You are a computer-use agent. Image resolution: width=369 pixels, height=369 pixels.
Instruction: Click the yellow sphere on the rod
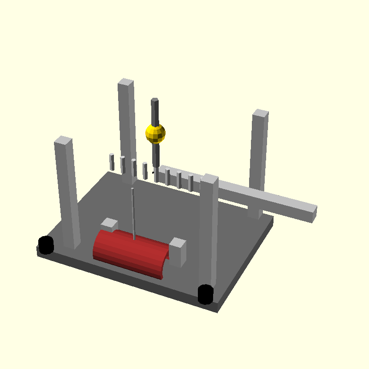click(x=155, y=133)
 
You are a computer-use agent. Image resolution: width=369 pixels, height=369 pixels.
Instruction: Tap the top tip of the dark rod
click(x=155, y=100)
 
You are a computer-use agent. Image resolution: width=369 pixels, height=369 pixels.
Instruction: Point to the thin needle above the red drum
click(x=133, y=212)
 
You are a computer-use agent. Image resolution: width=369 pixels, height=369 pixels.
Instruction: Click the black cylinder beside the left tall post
click(x=46, y=245)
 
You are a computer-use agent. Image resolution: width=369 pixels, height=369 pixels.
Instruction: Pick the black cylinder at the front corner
click(x=205, y=294)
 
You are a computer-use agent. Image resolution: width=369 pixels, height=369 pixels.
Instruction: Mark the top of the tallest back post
click(x=125, y=83)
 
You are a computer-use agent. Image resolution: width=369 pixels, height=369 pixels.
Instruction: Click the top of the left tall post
click(x=63, y=140)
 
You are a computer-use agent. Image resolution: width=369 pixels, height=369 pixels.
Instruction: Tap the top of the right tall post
click(x=261, y=113)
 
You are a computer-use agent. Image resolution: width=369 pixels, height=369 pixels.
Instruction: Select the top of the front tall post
click(x=209, y=179)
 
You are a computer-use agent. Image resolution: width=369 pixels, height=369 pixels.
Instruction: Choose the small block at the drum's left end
click(x=109, y=225)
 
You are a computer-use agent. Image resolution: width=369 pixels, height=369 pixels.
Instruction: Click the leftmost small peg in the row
click(x=112, y=161)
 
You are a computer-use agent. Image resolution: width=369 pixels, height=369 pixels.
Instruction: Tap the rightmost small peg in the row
click(x=190, y=183)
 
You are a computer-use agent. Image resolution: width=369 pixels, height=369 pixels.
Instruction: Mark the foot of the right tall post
click(x=255, y=213)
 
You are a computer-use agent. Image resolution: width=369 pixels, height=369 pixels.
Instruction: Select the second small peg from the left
click(x=123, y=164)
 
